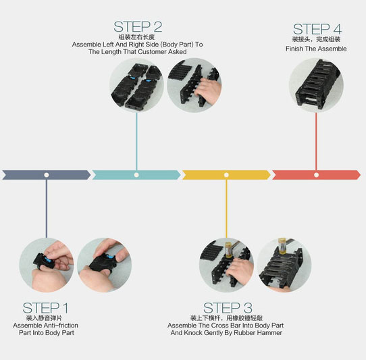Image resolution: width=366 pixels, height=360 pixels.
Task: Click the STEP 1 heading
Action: coord(45,308)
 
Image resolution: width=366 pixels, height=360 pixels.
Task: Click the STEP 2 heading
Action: coord(138,26)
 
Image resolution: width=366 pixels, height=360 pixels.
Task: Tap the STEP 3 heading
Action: coord(228,308)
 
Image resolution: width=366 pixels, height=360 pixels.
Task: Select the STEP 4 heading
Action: coord(317,29)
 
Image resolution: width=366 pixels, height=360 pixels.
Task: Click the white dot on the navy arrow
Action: coord(47,175)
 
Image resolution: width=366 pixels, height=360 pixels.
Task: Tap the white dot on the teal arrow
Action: coord(136,175)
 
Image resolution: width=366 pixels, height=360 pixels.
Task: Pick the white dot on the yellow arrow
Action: coord(226,175)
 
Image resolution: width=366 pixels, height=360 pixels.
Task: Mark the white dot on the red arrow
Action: coord(316,175)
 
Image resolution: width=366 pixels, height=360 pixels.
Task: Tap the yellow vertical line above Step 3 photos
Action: coord(226,208)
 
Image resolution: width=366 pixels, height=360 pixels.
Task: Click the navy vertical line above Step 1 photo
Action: coord(47,208)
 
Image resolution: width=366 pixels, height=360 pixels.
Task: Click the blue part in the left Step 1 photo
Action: coord(49,259)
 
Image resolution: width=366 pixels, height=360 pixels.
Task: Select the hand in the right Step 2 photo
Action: coord(208,91)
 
